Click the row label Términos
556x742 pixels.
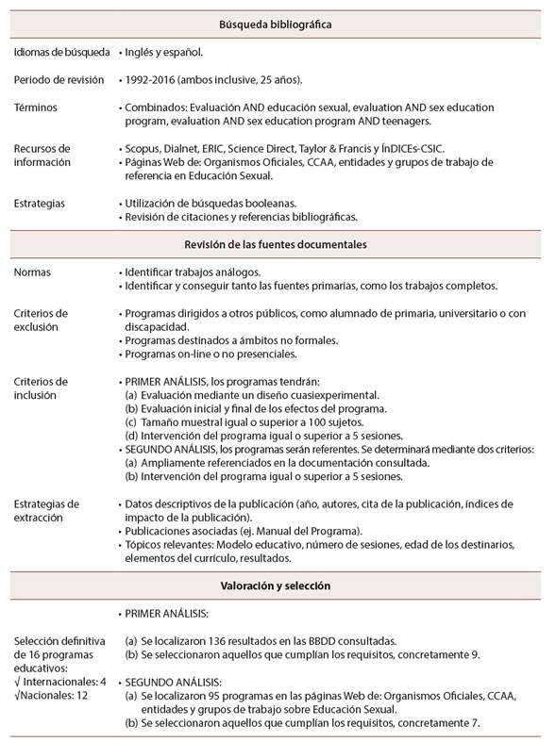[36, 107]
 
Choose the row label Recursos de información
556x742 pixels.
[42, 156]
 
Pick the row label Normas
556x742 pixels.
[33, 272]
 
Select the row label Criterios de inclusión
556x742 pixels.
[42, 387]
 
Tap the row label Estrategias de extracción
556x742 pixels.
[46, 510]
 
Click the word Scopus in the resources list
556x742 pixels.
[143, 149]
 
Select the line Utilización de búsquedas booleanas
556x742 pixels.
[210, 203]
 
